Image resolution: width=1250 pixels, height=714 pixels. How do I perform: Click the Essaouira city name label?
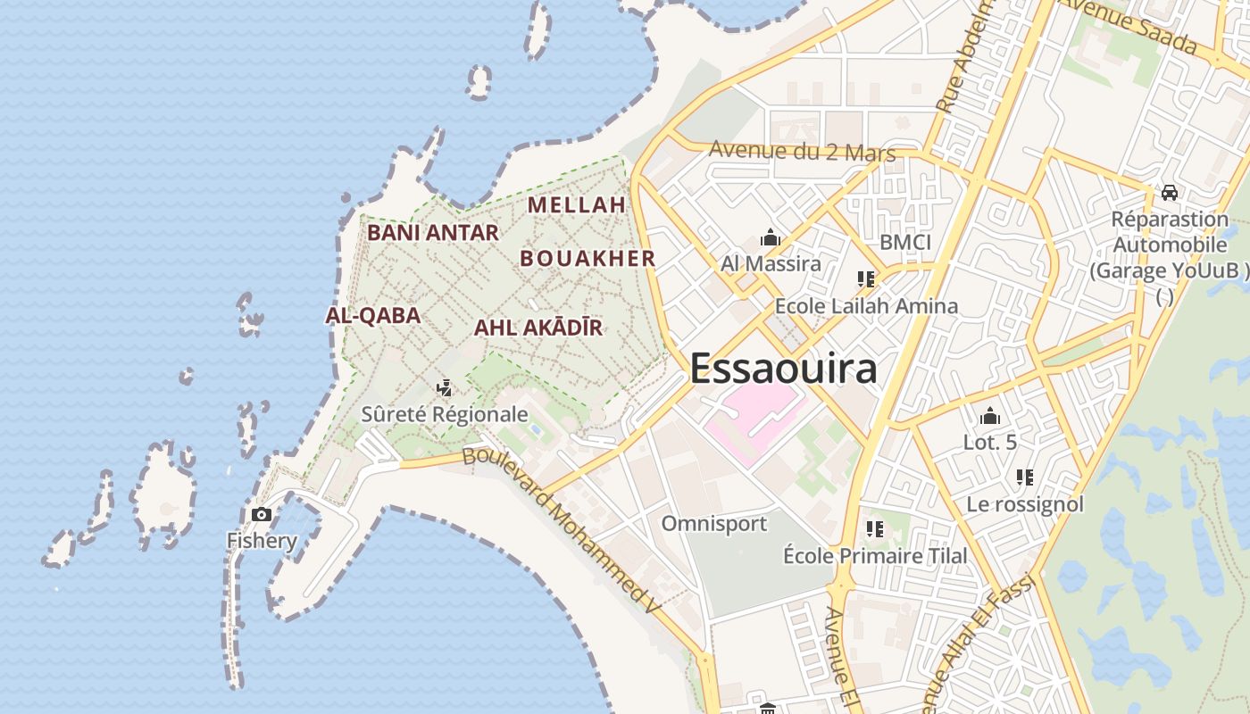point(783,368)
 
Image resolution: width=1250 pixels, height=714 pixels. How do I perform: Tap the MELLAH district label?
point(576,204)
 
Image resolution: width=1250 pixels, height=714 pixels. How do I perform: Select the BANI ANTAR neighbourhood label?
point(433,233)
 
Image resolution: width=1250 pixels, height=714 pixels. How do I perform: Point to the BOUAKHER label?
point(587,259)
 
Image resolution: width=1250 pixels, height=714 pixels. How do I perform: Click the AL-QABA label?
point(372,315)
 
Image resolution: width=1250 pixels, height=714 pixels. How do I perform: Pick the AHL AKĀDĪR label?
point(537,328)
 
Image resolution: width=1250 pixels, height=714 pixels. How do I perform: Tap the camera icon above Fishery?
point(262,514)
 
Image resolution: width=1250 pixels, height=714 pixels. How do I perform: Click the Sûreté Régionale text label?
point(445,415)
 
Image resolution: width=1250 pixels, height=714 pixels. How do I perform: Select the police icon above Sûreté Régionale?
point(444,388)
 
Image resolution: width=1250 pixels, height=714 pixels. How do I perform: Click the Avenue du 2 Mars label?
point(802,151)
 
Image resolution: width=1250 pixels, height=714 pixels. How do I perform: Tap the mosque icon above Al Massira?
point(770,237)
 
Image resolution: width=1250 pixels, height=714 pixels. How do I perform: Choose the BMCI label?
point(904,242)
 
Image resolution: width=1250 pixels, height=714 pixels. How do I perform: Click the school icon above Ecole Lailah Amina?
point(865,279)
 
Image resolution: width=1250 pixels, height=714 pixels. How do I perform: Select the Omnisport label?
point(713,523)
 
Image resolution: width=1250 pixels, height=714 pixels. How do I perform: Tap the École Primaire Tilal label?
point(874,556)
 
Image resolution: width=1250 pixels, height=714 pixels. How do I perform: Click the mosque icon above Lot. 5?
point(989,416)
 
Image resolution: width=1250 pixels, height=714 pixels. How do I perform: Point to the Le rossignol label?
point(1024,504)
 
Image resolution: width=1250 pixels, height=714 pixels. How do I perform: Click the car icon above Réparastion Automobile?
point(1169,193)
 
